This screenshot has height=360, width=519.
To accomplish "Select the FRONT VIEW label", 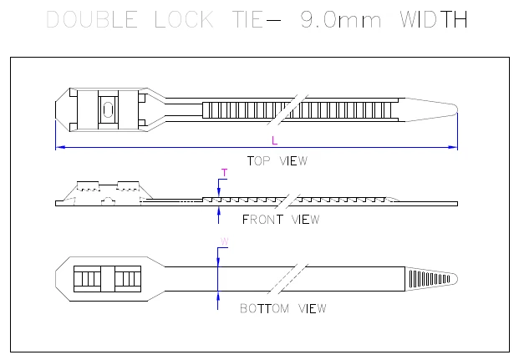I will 281,220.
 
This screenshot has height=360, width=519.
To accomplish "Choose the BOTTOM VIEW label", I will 283,308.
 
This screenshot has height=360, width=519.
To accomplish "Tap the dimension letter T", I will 223,173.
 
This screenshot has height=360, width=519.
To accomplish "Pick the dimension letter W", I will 223,242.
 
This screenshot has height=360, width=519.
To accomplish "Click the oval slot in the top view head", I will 107,107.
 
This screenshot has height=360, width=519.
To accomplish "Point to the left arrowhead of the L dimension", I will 59,148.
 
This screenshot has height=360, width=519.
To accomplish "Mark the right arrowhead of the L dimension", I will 454,148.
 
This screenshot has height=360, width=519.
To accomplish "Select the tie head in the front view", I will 104,192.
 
